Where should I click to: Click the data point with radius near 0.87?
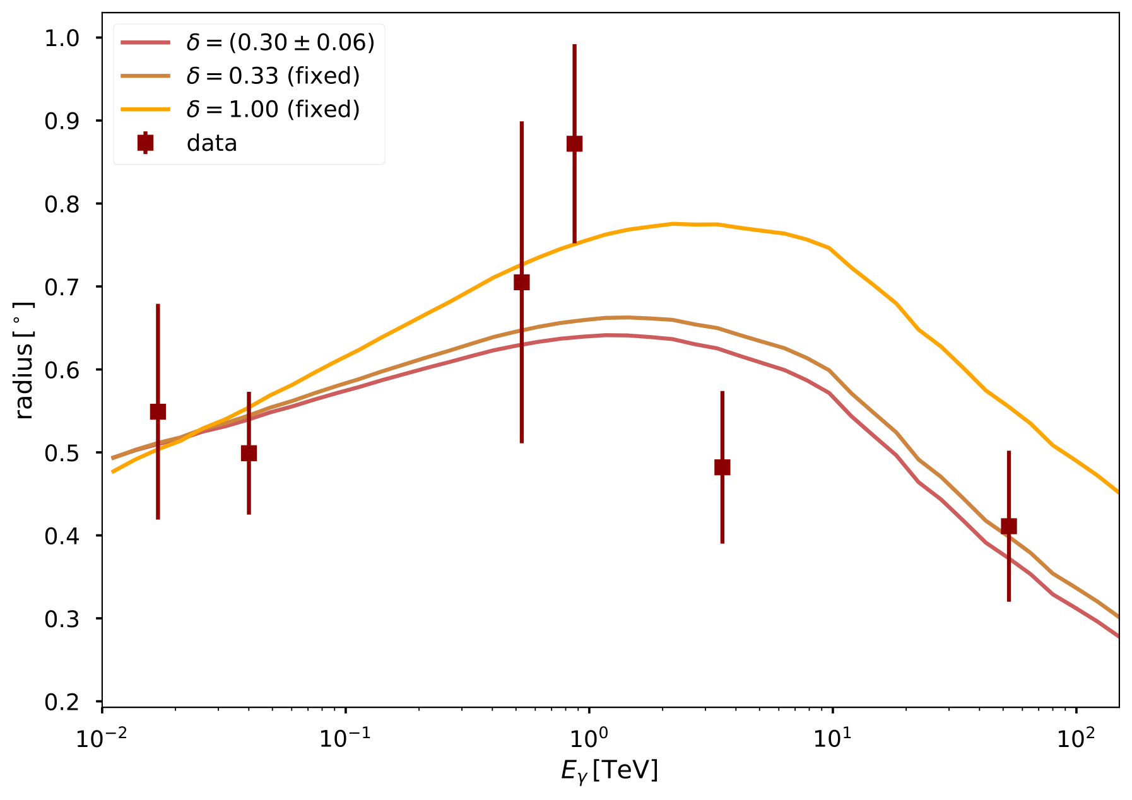574,144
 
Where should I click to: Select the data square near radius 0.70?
521,282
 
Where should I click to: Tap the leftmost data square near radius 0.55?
158,411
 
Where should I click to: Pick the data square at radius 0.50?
249,453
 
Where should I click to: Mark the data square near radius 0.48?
722,467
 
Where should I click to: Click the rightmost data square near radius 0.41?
1008,526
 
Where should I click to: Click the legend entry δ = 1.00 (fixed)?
273,109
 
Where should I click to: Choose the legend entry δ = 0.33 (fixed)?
273,76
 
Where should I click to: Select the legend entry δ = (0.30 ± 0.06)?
280,42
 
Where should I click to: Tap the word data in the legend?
211,143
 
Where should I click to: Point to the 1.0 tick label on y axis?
62,38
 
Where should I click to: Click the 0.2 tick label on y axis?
62,702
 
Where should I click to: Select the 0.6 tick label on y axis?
62,370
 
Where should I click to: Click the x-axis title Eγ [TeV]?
610,770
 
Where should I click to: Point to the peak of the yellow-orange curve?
674,223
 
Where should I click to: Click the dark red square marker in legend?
145,143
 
